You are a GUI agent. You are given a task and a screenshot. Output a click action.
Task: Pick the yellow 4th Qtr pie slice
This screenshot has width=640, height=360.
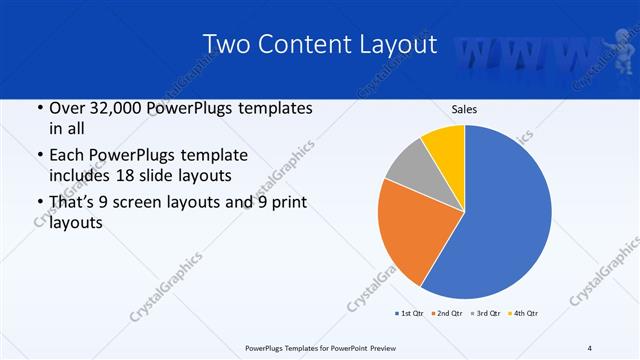tap(444, 145)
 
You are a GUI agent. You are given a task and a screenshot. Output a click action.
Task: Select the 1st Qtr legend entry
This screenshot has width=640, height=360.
tap(409, 314)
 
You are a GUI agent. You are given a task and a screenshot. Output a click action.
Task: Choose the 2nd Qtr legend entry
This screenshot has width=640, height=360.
tap(445, 314)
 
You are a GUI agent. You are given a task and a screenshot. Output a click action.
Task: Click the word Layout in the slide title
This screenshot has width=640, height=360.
tap(390, 44)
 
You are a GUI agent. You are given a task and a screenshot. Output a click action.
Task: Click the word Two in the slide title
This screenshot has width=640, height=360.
tap(225, 44)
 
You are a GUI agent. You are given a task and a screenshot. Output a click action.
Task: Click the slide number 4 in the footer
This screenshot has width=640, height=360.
tap(590, 347)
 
